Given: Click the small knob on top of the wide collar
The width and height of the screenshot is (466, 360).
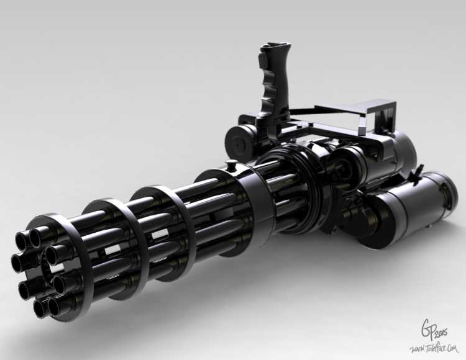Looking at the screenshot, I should pos(231,166).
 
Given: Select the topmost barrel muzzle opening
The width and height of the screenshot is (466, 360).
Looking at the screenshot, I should pos(39,236).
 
